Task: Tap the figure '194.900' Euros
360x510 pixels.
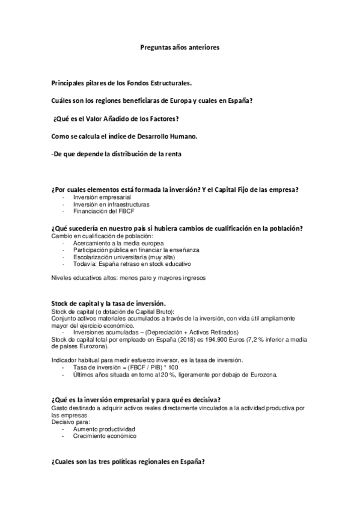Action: pos(218,340)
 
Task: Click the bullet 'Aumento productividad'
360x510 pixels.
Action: pos(104,429)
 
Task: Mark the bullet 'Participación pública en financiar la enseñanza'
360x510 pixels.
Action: pos(136,250)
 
